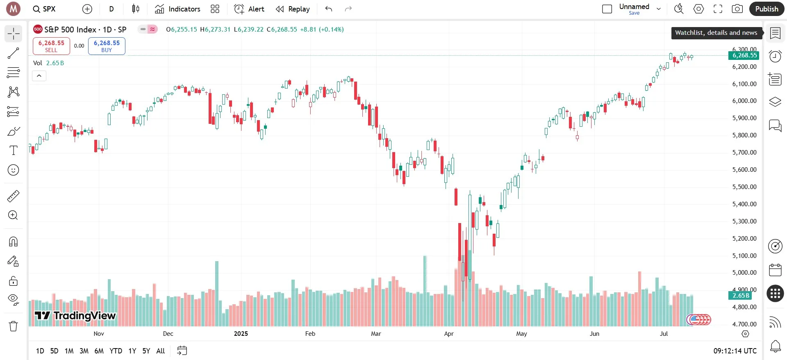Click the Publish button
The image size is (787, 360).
tap(766, 9)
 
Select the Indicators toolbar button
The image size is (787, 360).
tap(177, 9)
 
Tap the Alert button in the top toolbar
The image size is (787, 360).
tap(249, 9)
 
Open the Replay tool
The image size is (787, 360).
tap(293, 9)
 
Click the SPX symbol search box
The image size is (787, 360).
tap(44, 9)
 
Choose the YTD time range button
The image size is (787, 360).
tap(116, 351)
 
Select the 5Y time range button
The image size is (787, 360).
tap(146, 351)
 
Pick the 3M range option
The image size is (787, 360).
tap(84, 351)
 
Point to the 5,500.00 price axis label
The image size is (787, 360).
tap(744, 187)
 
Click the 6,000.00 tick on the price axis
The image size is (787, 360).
tap(744, 101)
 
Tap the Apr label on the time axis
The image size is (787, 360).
tap(449, 334)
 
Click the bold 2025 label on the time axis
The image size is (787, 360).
tap(241, 334)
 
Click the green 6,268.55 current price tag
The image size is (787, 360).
tap(744, 55)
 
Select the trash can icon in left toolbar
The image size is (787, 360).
tap(13, 326)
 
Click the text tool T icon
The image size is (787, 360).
tap(13, 150)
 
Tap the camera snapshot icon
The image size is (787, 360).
tap(737, 9)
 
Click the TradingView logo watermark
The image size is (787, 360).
tap(75, 315)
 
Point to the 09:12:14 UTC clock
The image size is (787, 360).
tap(735, 351)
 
